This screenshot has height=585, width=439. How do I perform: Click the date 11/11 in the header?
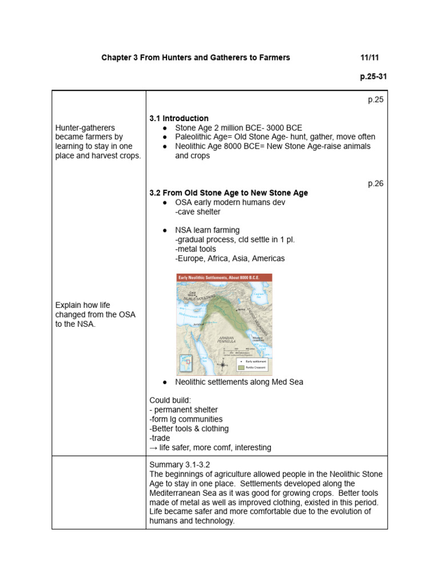click(369, 58)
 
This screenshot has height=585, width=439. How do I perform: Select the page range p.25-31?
click(373, 77)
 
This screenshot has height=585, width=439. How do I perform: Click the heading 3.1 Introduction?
click(178, 118)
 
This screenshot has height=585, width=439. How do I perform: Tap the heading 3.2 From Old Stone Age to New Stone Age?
click(228, 193)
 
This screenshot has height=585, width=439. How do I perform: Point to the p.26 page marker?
click(376, 183)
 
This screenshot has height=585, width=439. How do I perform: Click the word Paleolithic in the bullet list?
click(195, 137)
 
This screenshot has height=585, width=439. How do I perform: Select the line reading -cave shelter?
click(198, 212)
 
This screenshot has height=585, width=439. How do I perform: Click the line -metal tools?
click(195, 249)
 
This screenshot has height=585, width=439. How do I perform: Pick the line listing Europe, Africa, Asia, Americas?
click(230, 258)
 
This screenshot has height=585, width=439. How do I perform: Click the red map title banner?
click(224, 278)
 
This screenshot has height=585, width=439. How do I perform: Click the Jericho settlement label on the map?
click(198, 324)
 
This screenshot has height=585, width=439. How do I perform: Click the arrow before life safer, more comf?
click(153, 447)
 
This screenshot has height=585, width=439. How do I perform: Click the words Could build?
click(170, 400)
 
